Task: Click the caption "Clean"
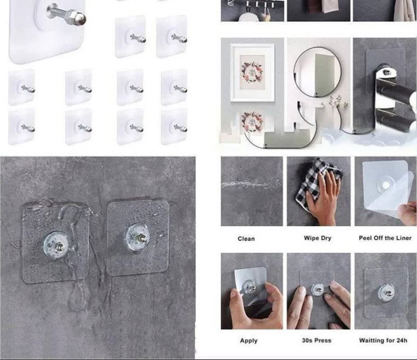pyautogui.click(x=246, y=238)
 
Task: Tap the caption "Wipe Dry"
pyautogui.click(x=317, y=238)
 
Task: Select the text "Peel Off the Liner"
pyautogui.click(x=385, y=238)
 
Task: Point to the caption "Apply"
pyautogui.click(x=249, y=341)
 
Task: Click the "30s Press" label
pyautogui.click(x=316, y=341)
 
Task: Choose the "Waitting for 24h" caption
pyautogui.click(x=383, y=341)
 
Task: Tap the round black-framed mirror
pyautogui.click(x=317, y=72)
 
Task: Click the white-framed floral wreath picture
pyautogui.click(x=252, y=72)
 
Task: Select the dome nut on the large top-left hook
pyautogui.click(x=80, y=17)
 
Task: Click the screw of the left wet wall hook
pyautogui.click(x=59, y=246)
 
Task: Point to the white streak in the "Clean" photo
pyautogui.click(x=251, y=183)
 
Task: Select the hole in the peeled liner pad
pyautogui.click(x=385, y=185)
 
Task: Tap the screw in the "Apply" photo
pyautogui.click(x=251, y=287)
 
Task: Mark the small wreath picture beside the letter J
pyautogui.click(x=251, y=122)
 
